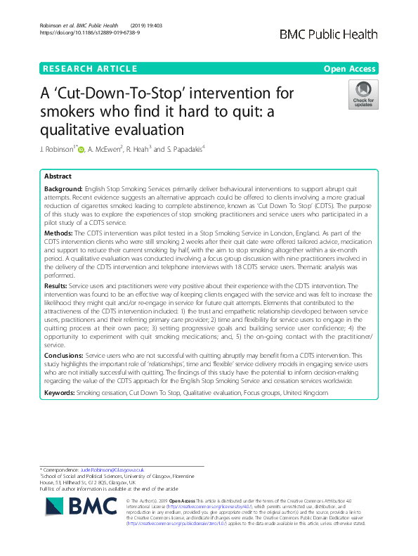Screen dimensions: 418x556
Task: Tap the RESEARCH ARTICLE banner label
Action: click(89, 69)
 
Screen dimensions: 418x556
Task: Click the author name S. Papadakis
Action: click(185, 149)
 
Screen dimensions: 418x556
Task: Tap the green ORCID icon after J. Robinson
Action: click(81, 149)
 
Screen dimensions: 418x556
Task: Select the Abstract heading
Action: click(58, 176)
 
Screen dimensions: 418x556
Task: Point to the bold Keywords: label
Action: click(59, 392)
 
